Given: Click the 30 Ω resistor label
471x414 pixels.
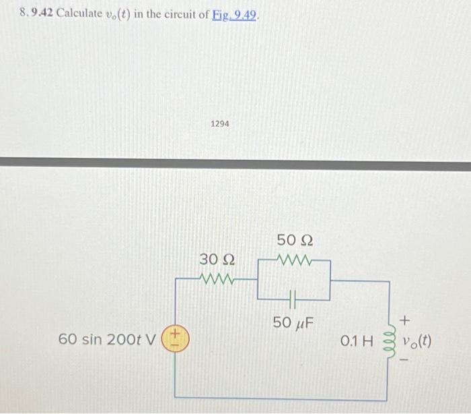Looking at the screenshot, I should pos(217,260).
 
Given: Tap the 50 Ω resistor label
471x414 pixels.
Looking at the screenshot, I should pos(295,241).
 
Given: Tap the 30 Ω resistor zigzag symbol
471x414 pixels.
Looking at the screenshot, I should pos(217,277).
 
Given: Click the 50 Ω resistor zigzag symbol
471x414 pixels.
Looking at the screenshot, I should pos(295,259).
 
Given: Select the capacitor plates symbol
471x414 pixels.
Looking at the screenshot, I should pos(295,297).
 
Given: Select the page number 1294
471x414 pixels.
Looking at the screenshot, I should pos(219,124).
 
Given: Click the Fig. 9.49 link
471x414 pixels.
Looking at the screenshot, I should pos(235,16).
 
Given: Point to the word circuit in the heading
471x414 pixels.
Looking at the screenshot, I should pos(172,15).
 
